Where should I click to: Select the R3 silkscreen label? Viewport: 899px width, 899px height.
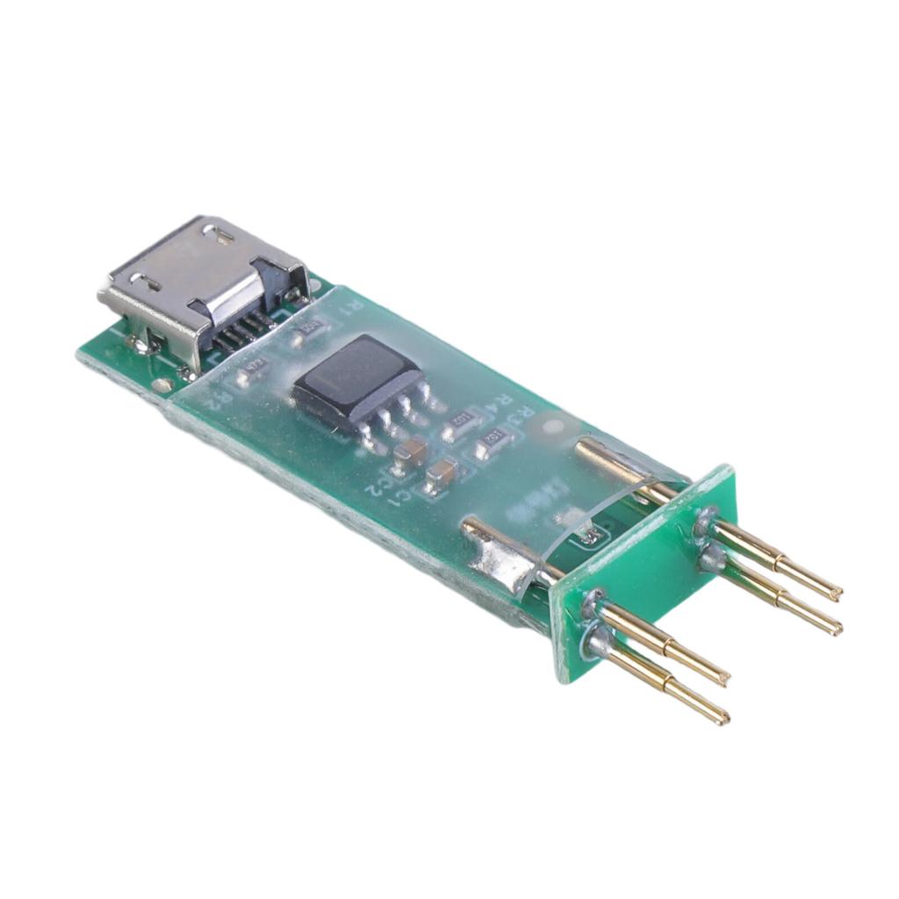click(525, 416)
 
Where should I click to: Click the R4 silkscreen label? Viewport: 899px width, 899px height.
click(503, 403)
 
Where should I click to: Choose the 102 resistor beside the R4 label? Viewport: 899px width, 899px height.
click(458, 428)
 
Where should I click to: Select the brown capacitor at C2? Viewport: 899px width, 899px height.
click(409, 453)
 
